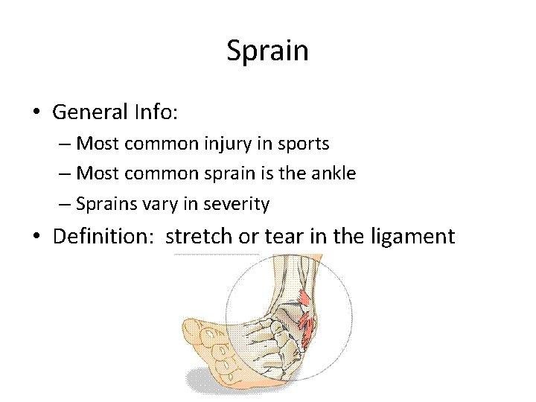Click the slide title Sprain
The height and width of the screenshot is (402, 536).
tap(267, 52)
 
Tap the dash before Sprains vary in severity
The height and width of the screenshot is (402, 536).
tap(66, 203)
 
